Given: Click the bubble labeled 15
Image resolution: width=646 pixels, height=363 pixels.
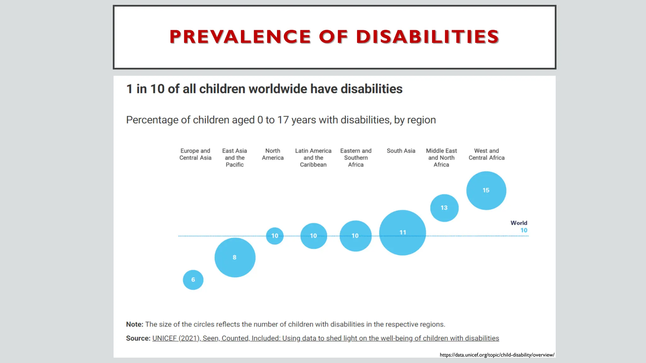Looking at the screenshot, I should click(486, 190).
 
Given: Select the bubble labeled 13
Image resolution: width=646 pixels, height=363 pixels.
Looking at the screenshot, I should click(444, 208).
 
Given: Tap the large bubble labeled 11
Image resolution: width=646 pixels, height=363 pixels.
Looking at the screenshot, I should click(402, 233).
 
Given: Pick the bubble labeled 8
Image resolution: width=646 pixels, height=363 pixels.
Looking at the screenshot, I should click(235, 257).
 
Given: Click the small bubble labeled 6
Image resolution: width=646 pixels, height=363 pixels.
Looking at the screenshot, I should click(193, 280).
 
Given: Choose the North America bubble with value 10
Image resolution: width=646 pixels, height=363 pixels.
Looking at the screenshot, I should click(275, 236).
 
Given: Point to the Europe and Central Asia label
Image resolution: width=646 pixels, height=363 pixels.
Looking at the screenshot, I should click(195, 154).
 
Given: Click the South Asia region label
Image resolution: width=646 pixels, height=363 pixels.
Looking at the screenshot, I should click(401, 151).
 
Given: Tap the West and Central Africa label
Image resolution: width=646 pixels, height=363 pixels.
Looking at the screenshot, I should click(486, 154).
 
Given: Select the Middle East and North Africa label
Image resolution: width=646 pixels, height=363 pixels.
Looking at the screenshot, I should click(441, 158).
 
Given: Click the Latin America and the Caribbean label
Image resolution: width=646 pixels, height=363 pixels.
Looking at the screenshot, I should click(313, 158).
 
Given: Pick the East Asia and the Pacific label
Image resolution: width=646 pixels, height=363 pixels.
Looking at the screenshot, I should click(235, 158).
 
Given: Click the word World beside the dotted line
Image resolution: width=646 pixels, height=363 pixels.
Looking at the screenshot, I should click(519, 223).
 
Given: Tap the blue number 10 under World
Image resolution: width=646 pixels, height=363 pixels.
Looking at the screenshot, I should click(524, 230).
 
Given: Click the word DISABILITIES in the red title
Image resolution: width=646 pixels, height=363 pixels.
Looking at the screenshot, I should click(427, 37).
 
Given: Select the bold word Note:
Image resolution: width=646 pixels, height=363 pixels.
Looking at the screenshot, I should click(135, 324).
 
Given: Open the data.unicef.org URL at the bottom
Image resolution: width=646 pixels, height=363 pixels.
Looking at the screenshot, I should click(497, 355).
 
